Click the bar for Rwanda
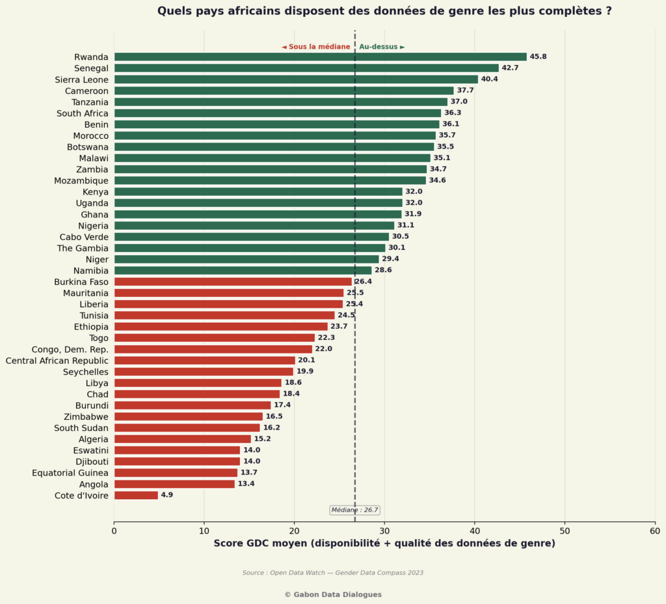coord(320,57)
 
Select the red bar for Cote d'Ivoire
coord(136,495)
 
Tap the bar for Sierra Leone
coord(296,79)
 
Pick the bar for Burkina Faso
coord(233,282)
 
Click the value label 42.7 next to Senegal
coord(510,68)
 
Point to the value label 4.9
coord(166,495)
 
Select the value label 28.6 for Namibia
coord(383,270)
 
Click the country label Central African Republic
coord(57,361)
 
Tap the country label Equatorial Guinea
coord(70,473)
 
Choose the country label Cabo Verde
coord(84,237)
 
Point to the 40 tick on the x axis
coord(475,530)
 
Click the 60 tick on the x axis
coord(655,530)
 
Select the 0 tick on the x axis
coord(114,530)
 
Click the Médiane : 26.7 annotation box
coord(354,510)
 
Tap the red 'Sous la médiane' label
coord(316,47)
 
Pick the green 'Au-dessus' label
coord(382,47)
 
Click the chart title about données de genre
coord(384,11)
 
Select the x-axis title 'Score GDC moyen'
coord(384,543)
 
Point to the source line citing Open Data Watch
coord(333,573)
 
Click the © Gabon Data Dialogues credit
coord(333,594)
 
